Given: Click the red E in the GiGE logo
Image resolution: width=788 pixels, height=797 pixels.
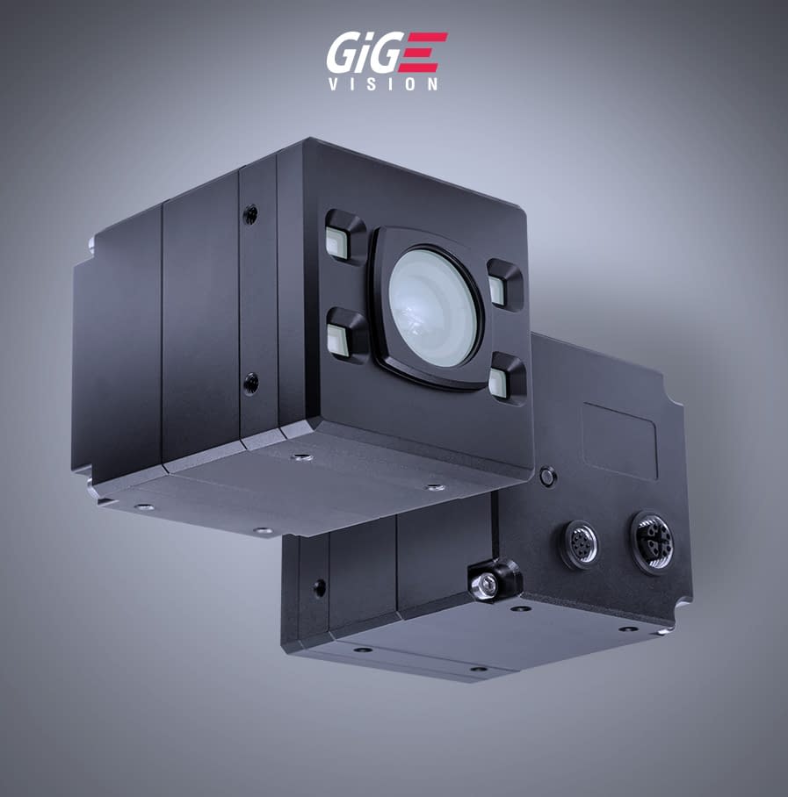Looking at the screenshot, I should click(427, 54).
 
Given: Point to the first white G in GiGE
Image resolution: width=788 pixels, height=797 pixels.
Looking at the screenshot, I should click(343, 55).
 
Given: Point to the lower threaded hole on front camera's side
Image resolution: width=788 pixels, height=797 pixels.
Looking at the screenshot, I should click(251, 382).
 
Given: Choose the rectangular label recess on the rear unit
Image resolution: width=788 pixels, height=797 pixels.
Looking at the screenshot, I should click(619, 441).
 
